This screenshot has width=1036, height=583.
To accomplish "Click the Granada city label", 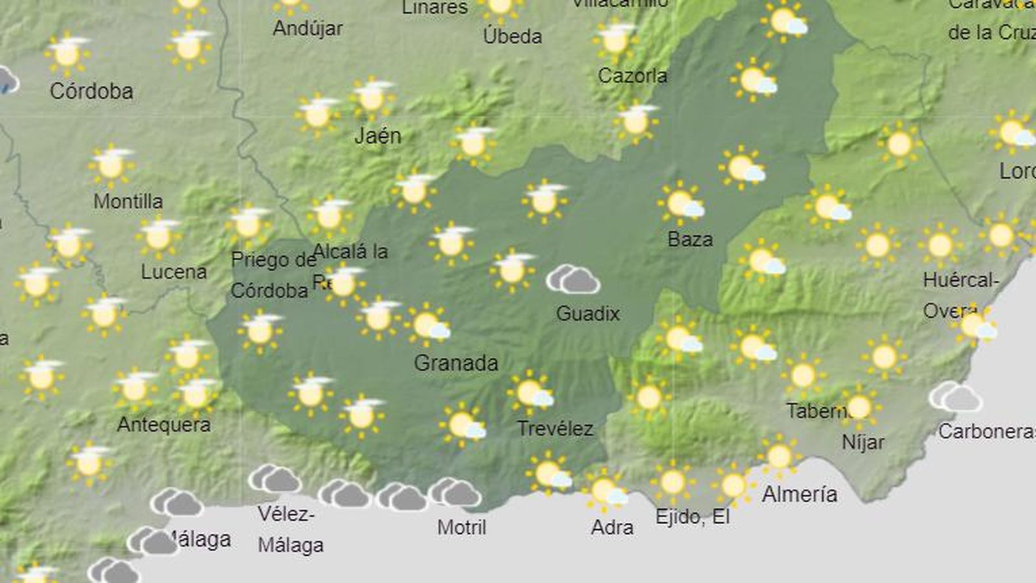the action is pos(456,363).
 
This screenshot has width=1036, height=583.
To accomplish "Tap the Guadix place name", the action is pos(588,314).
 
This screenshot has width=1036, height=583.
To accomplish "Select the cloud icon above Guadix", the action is pos(573,280).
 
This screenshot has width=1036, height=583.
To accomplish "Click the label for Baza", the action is pos(690,239).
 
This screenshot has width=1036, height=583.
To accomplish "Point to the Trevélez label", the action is pos(555,428).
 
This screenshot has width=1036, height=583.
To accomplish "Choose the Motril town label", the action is pos(462,527).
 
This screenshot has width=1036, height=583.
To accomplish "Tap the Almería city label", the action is pos(800,495).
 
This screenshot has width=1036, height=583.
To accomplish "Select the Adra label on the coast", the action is pos(612,527).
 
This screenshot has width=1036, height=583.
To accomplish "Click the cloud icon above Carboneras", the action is pos(956,397).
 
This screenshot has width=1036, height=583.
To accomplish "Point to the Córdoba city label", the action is pos(91,91).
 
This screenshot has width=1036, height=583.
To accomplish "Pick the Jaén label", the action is pos(378,136).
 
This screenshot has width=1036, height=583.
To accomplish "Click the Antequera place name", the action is pos(164,425).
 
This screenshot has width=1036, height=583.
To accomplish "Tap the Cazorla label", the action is pos(632,76).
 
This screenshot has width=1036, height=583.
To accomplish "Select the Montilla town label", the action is pos(128,201).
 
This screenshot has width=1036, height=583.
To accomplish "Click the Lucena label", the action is pos(174,272).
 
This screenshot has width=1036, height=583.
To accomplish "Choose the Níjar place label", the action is pos(863,443).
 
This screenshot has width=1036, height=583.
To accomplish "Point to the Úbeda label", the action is pos(512,36).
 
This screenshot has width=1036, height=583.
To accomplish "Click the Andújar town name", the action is pos(308,28).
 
